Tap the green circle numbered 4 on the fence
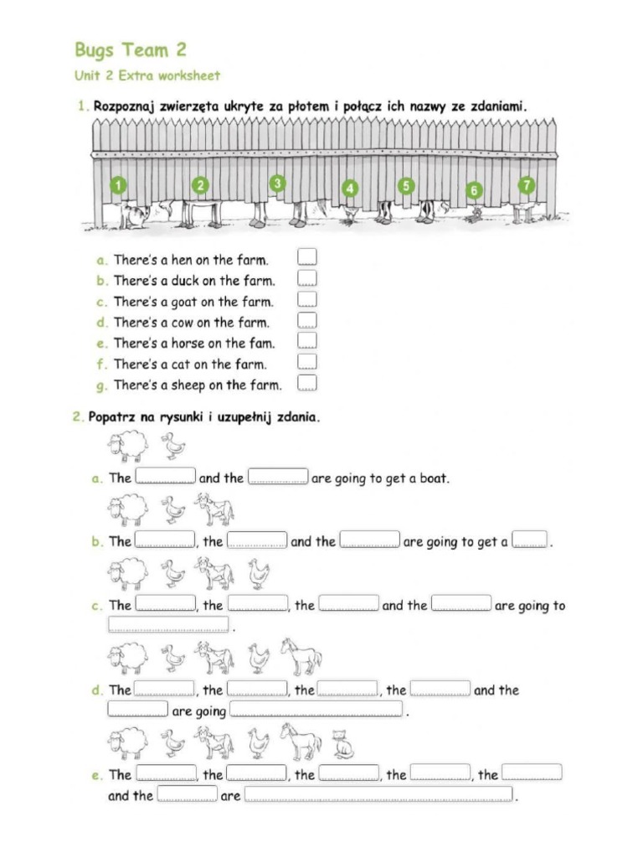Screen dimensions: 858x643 click(350, 189)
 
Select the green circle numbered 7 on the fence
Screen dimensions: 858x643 click(527, 184)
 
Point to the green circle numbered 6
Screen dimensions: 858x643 click(474, 190)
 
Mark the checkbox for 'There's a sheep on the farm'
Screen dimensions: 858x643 click(307, 383)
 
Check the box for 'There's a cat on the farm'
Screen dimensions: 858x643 click(307, 362)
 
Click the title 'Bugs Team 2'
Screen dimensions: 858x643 click(130, 49)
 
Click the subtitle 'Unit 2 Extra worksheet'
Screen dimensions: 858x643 click(147, 75)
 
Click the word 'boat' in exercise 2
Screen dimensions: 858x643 click(432, 478)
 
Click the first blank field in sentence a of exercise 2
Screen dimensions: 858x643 click(166, 478)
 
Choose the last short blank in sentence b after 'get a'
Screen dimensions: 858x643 click(529, 541)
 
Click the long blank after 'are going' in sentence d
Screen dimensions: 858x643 click(316, 711)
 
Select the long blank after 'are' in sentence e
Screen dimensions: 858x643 click(378, 795)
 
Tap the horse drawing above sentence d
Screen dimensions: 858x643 click(301, 656)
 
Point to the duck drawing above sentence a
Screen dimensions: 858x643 click(172, 446)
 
